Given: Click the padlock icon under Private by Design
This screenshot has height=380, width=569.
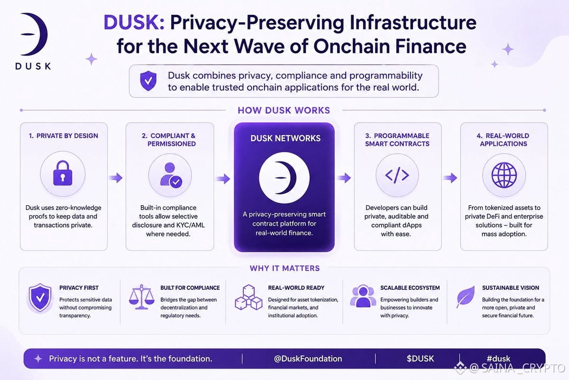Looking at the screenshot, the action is click(x=63, y=173).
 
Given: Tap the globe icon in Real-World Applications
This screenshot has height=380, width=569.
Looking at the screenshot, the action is click(x=504, y=175).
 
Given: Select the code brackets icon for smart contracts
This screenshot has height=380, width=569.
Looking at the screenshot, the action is click(x=397, y=175).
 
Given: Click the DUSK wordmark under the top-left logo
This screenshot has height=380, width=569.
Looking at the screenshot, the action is click(x=33, y=66).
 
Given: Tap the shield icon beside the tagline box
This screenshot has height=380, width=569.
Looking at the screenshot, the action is click(x=148, y=81).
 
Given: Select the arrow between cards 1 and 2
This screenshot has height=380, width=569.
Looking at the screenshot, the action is click(x=116, y=178).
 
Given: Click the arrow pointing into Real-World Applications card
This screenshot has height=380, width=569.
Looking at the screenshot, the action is click(x=450, y=178).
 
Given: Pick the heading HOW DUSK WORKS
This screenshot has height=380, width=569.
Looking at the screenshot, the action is click(x=284, y=110).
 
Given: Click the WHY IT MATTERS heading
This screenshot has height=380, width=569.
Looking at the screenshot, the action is click(x=284, y=268).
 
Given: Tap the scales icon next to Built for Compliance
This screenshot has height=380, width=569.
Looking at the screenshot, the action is click(x=141, y=297).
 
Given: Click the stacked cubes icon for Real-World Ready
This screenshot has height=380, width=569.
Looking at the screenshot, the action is click(x=248, y=297).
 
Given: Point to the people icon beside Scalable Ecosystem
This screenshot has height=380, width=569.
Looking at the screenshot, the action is click(x=363, y=296).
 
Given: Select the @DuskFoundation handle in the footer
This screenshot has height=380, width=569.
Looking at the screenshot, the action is click(x=308, y=359).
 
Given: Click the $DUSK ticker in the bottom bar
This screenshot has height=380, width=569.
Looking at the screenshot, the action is click(x=420, y=359).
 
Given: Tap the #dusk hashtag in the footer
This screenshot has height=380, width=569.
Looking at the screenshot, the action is click(x=498, y=359).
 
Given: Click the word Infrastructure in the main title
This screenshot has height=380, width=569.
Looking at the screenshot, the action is click(x=413, y=22).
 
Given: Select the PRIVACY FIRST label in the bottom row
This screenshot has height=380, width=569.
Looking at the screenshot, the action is click(x=79, y=288).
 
